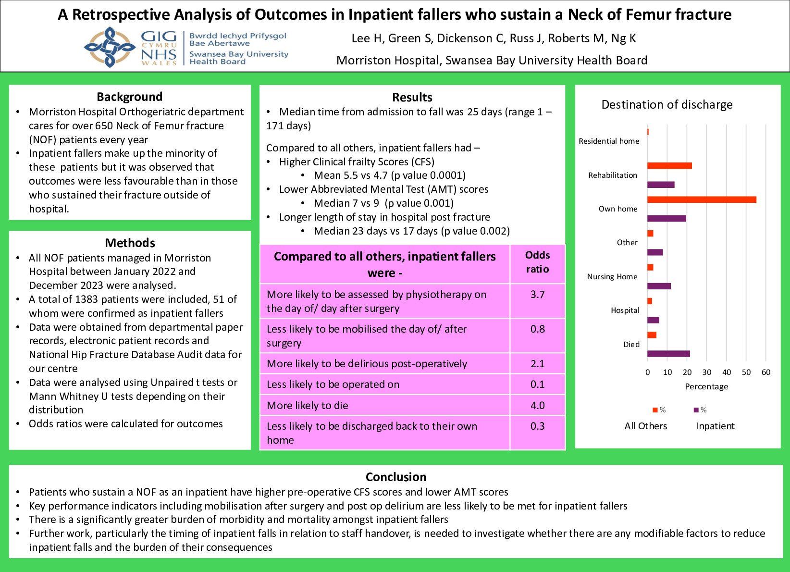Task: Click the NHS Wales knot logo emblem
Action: [x=110, y=47]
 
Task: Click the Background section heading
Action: [x=129, y=97]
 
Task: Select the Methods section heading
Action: [x=130, y=243]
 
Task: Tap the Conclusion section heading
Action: [x=396, y=477]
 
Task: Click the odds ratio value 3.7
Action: [x=537, y=295]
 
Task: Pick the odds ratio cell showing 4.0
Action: [x=537, y=405]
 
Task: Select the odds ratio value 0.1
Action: [x=537, y=385]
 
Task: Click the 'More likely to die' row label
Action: [x=308, y=405]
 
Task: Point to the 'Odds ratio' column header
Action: [x=537, y=262]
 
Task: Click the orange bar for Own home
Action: [x=702, y=199]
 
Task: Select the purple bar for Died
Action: [x=668, y=354]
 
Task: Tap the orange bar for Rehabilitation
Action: [x=669, y=166]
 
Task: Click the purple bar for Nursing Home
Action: [x=659, y=286]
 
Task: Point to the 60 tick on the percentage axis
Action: [x=766, y=372]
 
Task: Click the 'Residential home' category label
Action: [x=609, y=141]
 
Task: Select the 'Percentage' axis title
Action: [x=706, y=386]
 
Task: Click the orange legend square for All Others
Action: [x=654, y=410]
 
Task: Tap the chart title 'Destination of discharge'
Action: [x=667, y=105]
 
